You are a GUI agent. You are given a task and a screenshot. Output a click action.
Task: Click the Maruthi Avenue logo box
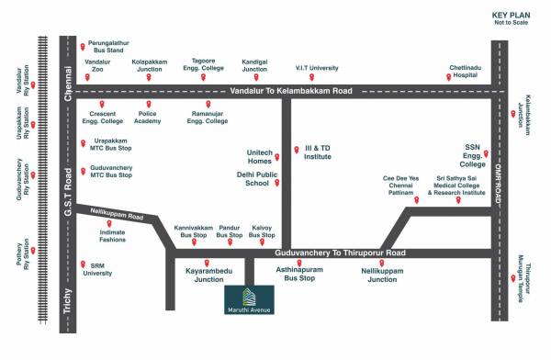point(249,299)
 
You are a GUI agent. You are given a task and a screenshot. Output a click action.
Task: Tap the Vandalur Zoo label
point(97,66)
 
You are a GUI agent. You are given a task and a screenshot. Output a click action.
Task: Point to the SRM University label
point(102,268)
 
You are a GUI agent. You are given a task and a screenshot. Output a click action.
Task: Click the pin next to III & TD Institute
point(296,150)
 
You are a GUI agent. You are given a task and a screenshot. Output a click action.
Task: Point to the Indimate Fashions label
point(113,236)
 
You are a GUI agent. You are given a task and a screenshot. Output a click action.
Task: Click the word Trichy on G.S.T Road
point(67,303)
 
